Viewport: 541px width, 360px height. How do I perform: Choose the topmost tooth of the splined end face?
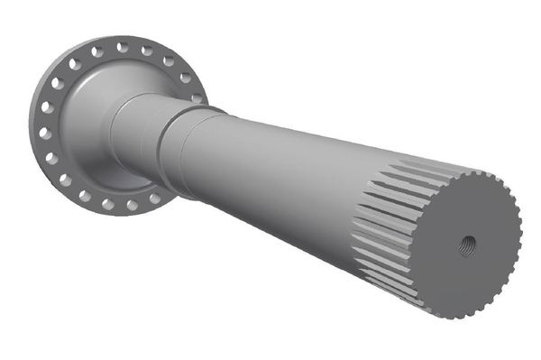(x=469, y=167)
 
